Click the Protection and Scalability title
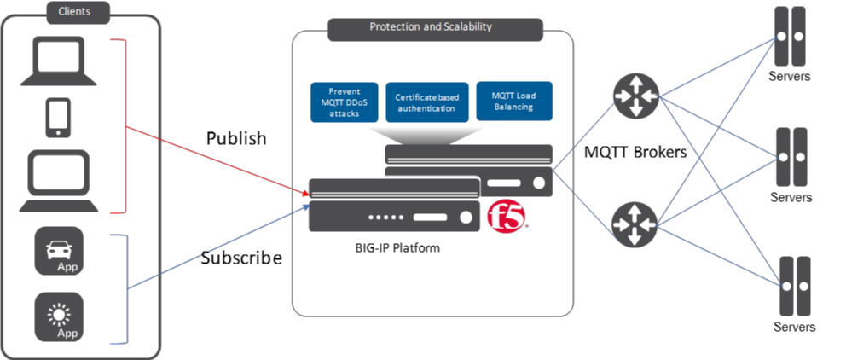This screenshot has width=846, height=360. point(431,26)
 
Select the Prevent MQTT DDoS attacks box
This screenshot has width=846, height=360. point(344,102)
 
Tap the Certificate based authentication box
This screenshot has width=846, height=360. point(426,102)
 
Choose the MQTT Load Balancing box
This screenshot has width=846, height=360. point(513,101)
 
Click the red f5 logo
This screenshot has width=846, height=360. point(507,216)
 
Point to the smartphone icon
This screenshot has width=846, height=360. point(58,118)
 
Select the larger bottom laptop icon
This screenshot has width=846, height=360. point(58,181)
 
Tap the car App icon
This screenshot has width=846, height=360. point(59,251)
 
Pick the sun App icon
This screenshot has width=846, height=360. point(59,316)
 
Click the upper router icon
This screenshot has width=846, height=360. point(634,95)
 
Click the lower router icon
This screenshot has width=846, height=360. point(634,224)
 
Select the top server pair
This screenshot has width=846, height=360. point(791,36)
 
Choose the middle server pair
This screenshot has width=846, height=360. point(791,157)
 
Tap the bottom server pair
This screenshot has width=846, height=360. point(791,286)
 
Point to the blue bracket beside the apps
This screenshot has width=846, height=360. point(125,288)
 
